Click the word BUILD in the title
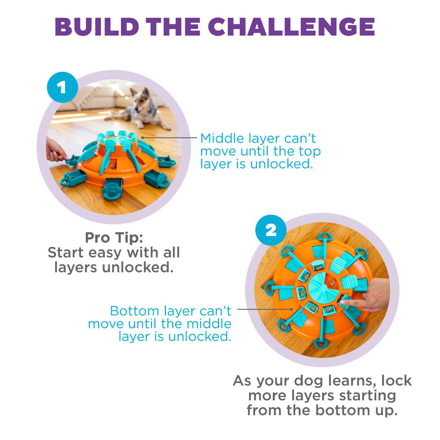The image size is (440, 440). coord(97,27)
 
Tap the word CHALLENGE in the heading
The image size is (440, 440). coord(291,27)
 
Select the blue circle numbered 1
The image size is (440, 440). coord(62,87)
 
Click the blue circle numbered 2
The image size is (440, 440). coord(271,231)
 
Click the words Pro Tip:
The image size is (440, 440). coord(114,238)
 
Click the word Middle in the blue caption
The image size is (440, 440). coord(222,138)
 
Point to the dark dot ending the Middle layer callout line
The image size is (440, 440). coord(143,137)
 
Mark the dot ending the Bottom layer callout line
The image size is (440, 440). coord(292,309)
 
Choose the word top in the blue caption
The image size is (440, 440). coord(309,151)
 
